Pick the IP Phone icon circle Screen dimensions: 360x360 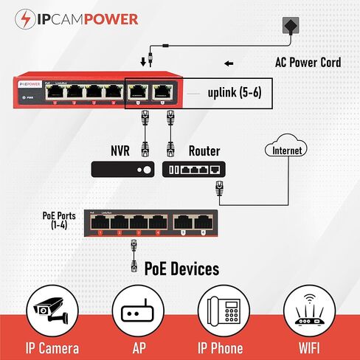click(223, 313)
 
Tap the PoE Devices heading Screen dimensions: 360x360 click(181, 269)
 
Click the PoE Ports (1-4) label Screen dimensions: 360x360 click(58, 220)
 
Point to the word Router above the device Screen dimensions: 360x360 click(204, 150)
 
